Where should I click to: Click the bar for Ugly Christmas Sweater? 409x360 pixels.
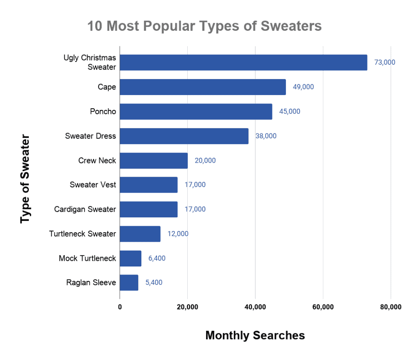tap(243, 62)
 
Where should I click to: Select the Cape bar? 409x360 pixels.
tap(203, 87)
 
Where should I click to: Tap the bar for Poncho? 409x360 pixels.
tap(196, 111)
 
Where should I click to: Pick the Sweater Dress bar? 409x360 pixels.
tap(184, 136)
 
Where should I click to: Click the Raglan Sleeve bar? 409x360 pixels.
tap(129, 282)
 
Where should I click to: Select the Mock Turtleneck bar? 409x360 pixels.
tap(130, 258)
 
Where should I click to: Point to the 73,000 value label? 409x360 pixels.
tap(385, 62)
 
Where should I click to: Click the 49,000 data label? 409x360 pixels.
tap(303, 87)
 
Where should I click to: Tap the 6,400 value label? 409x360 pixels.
tap(157, 258)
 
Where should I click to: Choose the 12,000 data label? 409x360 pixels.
tap(178, 234)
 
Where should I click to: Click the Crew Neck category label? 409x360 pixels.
tap(97, 161)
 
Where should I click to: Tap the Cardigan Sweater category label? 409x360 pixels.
tap(85, 209)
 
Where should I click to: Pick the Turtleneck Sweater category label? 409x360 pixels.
tap(82, 234)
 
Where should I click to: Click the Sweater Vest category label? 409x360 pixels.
tap(93, 185)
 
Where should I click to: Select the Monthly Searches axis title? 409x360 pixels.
tap(255, 335)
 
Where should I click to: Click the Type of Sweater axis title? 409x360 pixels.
tap(26, 179)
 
